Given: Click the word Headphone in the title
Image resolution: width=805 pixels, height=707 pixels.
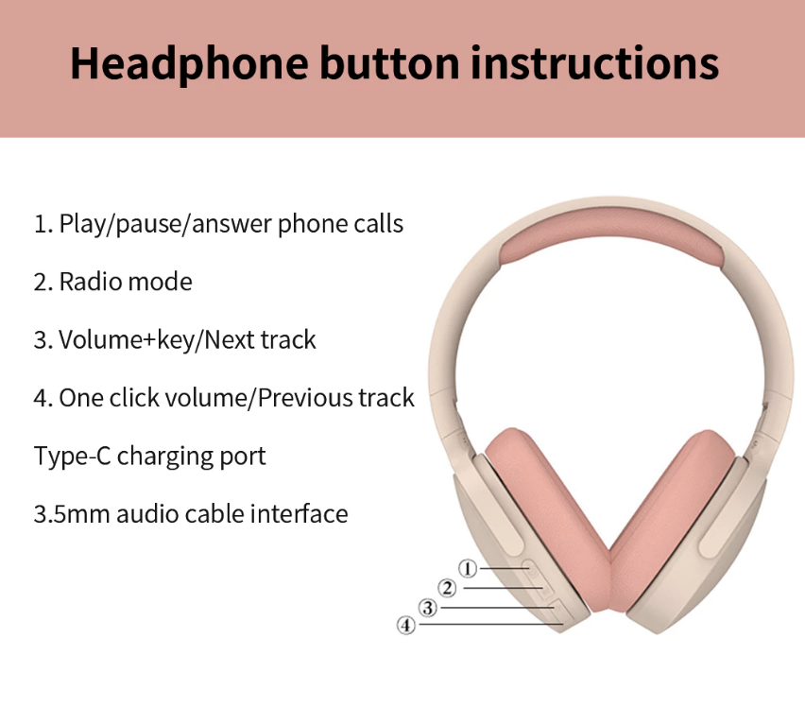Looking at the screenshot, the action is coord(189,63).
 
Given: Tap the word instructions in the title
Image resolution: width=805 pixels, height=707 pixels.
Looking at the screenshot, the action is coord(594,62).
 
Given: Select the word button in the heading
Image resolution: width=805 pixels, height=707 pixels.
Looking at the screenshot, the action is coord(389,62).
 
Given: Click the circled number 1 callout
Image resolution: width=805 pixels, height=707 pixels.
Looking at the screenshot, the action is coord(467,568).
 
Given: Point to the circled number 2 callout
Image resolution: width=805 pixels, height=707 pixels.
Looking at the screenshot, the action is coord(447,588).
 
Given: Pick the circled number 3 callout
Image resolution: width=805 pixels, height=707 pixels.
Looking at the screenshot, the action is coord(428,608).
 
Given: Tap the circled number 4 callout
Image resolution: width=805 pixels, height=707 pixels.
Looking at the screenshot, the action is coord(406,626).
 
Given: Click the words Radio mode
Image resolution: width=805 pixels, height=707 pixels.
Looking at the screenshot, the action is coord(126,282).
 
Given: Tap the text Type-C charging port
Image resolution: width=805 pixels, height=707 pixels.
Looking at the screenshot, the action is coord(149,457).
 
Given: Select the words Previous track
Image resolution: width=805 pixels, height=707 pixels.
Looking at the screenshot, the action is coord(335,398).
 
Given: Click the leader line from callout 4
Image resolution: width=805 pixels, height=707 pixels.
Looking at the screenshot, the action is coord(491,625).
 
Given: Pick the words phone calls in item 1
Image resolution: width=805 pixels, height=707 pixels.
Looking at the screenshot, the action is coord(340,224).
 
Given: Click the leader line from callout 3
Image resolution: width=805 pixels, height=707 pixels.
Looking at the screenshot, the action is coord(498,608).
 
